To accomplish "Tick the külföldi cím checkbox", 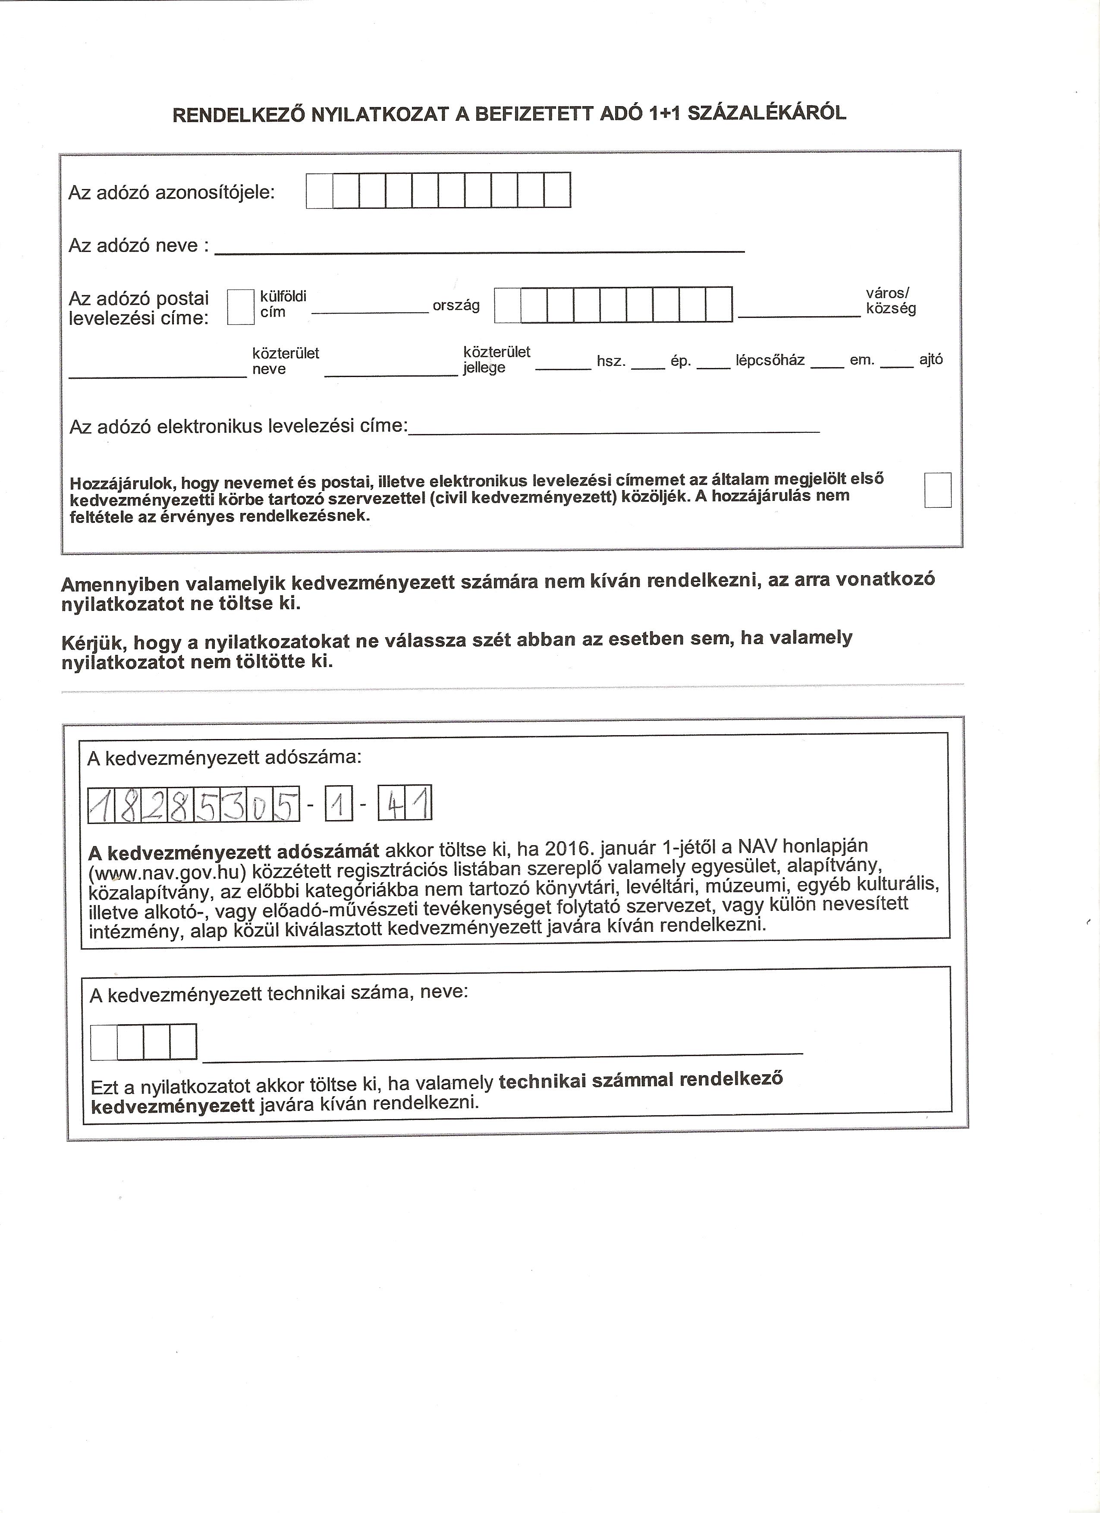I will [241, 307].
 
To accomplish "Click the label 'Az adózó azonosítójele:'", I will [171, 193].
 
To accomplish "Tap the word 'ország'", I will [456, 305].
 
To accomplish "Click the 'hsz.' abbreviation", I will [610, 362].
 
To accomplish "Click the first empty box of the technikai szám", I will [104, 1042].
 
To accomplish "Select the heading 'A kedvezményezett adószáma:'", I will [225, 758].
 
